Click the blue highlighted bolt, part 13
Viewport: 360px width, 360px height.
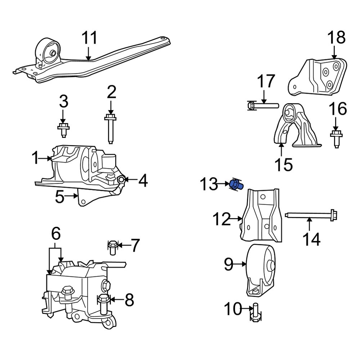click(x=236, y=185)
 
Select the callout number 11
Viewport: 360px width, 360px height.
click(x=89, y=38)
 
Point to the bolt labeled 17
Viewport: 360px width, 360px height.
click(x=263, y=105)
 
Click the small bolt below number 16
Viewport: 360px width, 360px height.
click(x=336, y=138)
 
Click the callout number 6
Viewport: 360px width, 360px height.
click(x=55, y=234)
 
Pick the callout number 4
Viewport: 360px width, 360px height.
click(x=143, y=180)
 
